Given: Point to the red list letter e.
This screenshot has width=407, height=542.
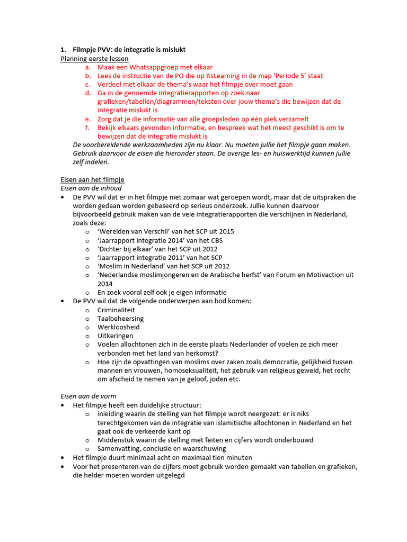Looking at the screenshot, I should (88, 119).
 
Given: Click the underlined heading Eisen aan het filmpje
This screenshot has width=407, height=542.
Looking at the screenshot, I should (93, 179).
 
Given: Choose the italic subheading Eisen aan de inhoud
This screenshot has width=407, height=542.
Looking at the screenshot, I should (91, 188).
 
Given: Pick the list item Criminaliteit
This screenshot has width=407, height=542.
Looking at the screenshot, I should (116, 310).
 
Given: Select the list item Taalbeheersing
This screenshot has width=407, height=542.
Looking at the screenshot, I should (120, 319).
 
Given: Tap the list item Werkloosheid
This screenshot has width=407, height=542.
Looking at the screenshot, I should (119, 327).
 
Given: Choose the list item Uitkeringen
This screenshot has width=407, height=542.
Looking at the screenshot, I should (116, 336).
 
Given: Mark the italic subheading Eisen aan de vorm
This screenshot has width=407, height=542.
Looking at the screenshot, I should (88, 396).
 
